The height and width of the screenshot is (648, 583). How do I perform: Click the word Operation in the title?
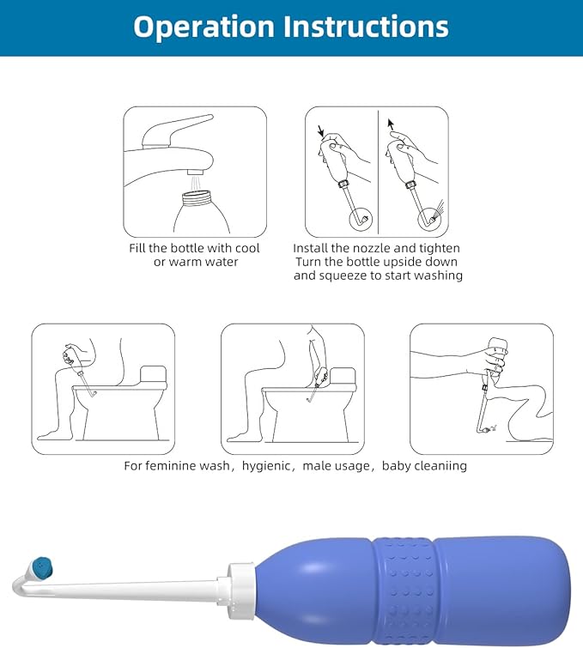203,27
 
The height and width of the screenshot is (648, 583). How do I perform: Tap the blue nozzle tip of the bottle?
42,567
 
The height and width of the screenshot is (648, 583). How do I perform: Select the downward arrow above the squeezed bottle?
320,130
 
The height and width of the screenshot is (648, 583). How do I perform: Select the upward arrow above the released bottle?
391,124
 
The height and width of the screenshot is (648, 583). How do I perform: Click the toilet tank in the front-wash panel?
154,374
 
